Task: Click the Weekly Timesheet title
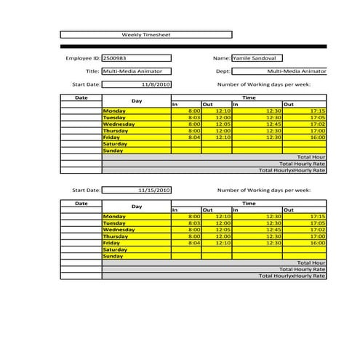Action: coord(145,34)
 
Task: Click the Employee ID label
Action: coord(82,58)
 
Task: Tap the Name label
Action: coord(221,58)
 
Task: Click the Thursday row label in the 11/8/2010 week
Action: coord(116,131)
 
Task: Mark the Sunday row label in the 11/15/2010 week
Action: coord(113,256)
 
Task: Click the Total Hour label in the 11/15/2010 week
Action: coord(311,263)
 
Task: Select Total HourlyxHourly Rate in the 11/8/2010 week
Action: coord(292,170)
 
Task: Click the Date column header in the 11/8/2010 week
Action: coord(81,97)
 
